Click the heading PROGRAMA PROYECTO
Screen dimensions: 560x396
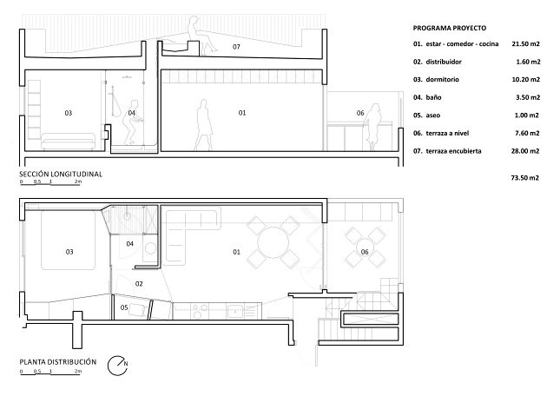[x=449, y=28]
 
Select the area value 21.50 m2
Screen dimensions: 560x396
[x=525, y=44]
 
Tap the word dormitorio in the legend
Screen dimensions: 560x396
[x=442, y=80]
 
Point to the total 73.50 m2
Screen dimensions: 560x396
[x=524, y=178]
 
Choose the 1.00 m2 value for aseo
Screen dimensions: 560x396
[x=527, y=115]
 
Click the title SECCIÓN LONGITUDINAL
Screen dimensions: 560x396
[x=61, y=175]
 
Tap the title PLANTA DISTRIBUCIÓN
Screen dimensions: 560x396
[x=58, y=362]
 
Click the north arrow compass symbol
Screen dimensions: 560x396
[x=117, y=366]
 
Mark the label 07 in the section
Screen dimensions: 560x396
[x=236, y=47]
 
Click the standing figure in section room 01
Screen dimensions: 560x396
[x=203, y=125]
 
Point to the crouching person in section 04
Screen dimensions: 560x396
[x=133, y=122]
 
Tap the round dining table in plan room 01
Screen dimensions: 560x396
[x=273, y=243]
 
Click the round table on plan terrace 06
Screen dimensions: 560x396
[x=365, y=247]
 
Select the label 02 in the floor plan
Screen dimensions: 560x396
[x=139, y=284]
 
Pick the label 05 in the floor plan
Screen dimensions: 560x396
[x=124, y=307]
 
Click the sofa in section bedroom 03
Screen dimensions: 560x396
[x=69, y=142]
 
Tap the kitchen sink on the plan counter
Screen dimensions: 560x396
[x=235, y=312]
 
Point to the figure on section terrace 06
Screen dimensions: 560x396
[x=372, y=127]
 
